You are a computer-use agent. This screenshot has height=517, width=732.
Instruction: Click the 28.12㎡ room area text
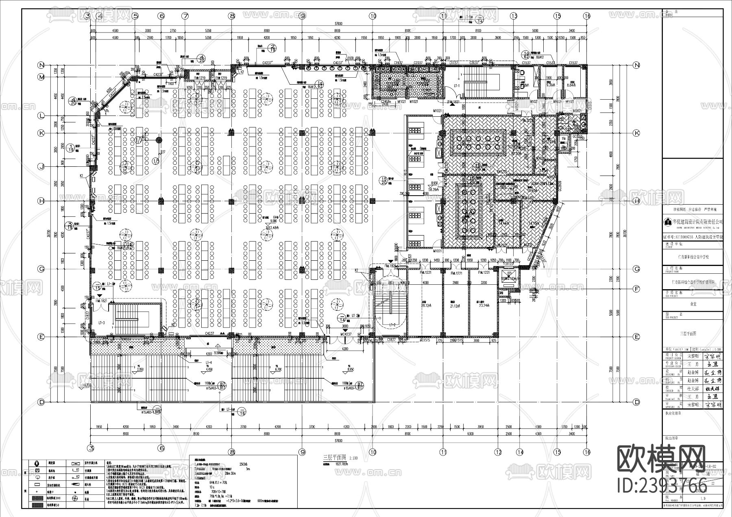pyautogui.click(x=425, y=305)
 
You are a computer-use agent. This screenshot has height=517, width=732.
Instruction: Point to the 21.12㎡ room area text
pyautogui.click(x=454, y=305)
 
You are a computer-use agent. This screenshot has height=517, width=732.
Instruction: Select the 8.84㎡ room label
pyautogui.click(x=570, y=85)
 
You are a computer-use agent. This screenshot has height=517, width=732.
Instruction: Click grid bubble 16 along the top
pyautogui.click(x=586, y=16)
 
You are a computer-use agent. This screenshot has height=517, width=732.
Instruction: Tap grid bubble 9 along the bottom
pyautogui.click(x=302, y=452)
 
